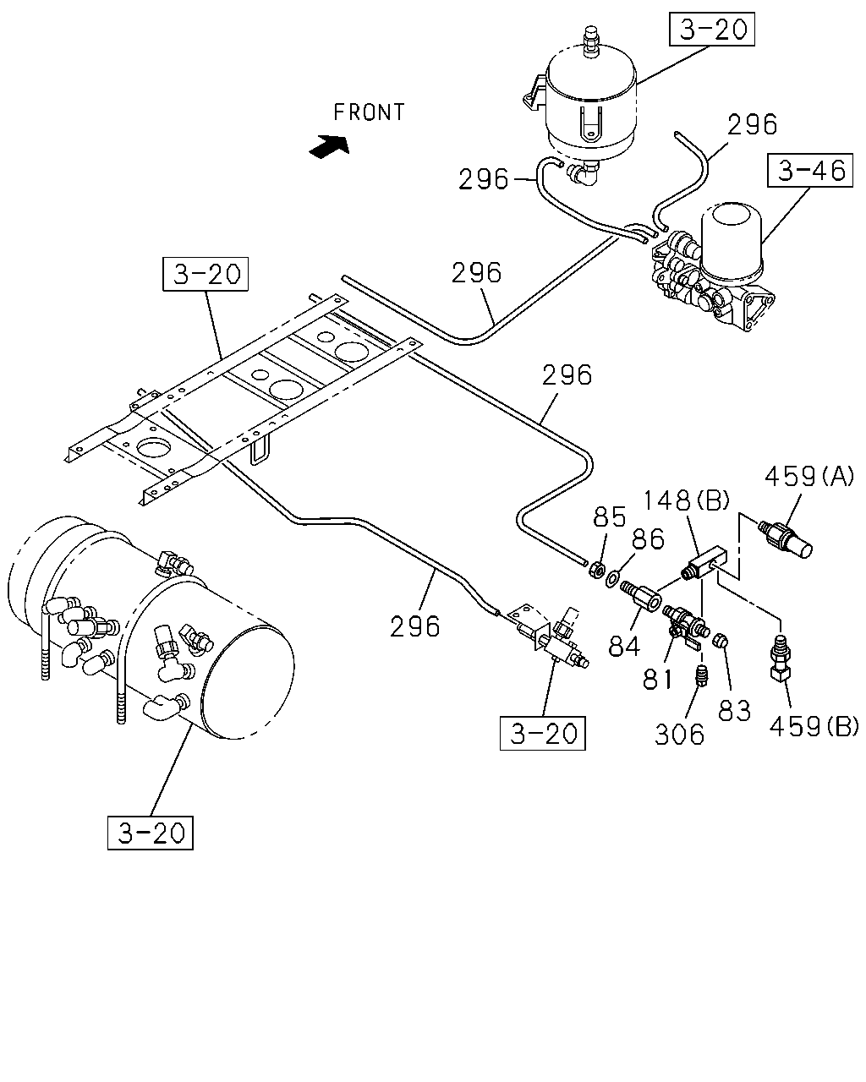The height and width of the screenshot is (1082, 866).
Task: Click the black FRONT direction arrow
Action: (x=330, y=146)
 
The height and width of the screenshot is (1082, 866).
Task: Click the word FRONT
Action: (x=369, y=112)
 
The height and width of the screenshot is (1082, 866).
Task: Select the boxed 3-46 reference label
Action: (x=809, y=171)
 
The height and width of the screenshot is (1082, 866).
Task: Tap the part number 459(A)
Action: (x=809, y=476)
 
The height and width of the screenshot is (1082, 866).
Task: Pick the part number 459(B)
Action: (x=814, y=726)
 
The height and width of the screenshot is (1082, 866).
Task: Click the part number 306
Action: (x=679, y=735)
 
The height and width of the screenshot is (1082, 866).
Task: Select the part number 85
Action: (x=610, y=516)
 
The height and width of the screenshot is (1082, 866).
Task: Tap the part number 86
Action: (x=648, y=538)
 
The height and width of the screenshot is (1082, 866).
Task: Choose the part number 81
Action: (x=658, y=680)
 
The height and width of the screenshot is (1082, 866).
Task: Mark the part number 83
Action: (x=734, y=711)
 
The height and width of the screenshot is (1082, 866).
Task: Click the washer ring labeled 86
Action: (x=612, y=579)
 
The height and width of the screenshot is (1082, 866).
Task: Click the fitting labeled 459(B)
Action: (x=779, y=658)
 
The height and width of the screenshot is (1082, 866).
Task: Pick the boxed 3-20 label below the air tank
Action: (x=151, y=833)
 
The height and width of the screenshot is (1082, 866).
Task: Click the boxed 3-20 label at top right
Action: (x=712, y=29)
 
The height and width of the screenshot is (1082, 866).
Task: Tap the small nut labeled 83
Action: (x=721, y=641)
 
